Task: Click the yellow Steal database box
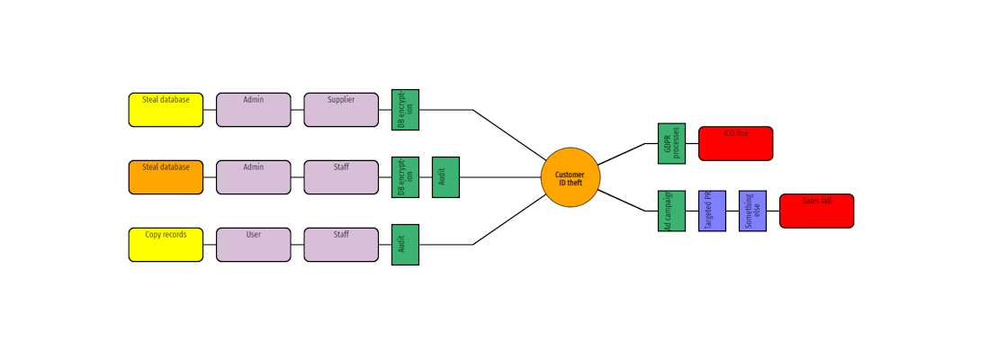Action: (166, 110)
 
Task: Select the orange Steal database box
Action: (166, 177)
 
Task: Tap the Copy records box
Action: (166, 245)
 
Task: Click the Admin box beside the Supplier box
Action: (254, 110)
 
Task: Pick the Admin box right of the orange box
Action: (254, 177)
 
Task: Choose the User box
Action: (254, 245)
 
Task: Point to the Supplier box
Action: (341, 110)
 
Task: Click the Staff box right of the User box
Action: (341, 245)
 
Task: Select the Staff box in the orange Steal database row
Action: (341, 177)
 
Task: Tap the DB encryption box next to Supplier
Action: (405, 110)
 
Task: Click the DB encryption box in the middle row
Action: (405, 177)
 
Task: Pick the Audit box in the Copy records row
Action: (405, 245)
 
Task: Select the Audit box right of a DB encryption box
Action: (445, 177)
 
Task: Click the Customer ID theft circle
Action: (571, 177)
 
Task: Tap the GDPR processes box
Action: (671, 143)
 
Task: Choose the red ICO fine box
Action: (735, 143)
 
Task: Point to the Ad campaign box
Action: (671, 211)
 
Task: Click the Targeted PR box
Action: (712, 211)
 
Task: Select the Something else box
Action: (752, 211)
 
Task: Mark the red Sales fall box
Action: (816, 211)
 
